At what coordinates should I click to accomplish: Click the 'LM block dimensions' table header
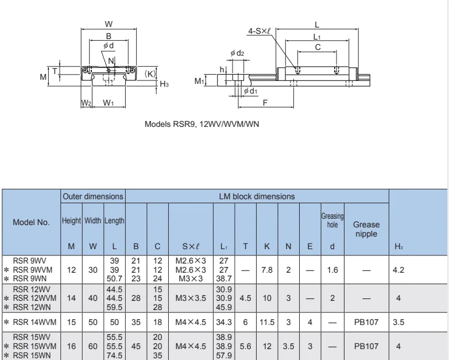(257, 196)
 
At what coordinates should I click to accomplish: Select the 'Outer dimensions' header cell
(93, 196)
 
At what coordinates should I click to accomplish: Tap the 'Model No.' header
(32, 221)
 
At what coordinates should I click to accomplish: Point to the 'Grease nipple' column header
(366, 229)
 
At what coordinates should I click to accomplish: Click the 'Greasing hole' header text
(332, 220)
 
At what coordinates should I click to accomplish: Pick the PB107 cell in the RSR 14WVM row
(366, 323)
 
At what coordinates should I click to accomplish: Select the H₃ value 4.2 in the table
(399, 269)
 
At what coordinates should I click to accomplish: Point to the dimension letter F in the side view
(264, 102)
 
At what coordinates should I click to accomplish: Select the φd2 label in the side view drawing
(237, 53)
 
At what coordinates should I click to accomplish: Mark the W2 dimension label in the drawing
(86, 103)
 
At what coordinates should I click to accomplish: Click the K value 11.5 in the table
(267, 323)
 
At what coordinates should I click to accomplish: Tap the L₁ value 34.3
(223, 323)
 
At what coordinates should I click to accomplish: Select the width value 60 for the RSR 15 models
(93, 346)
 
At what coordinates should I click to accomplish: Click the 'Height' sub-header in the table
(71, 220)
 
